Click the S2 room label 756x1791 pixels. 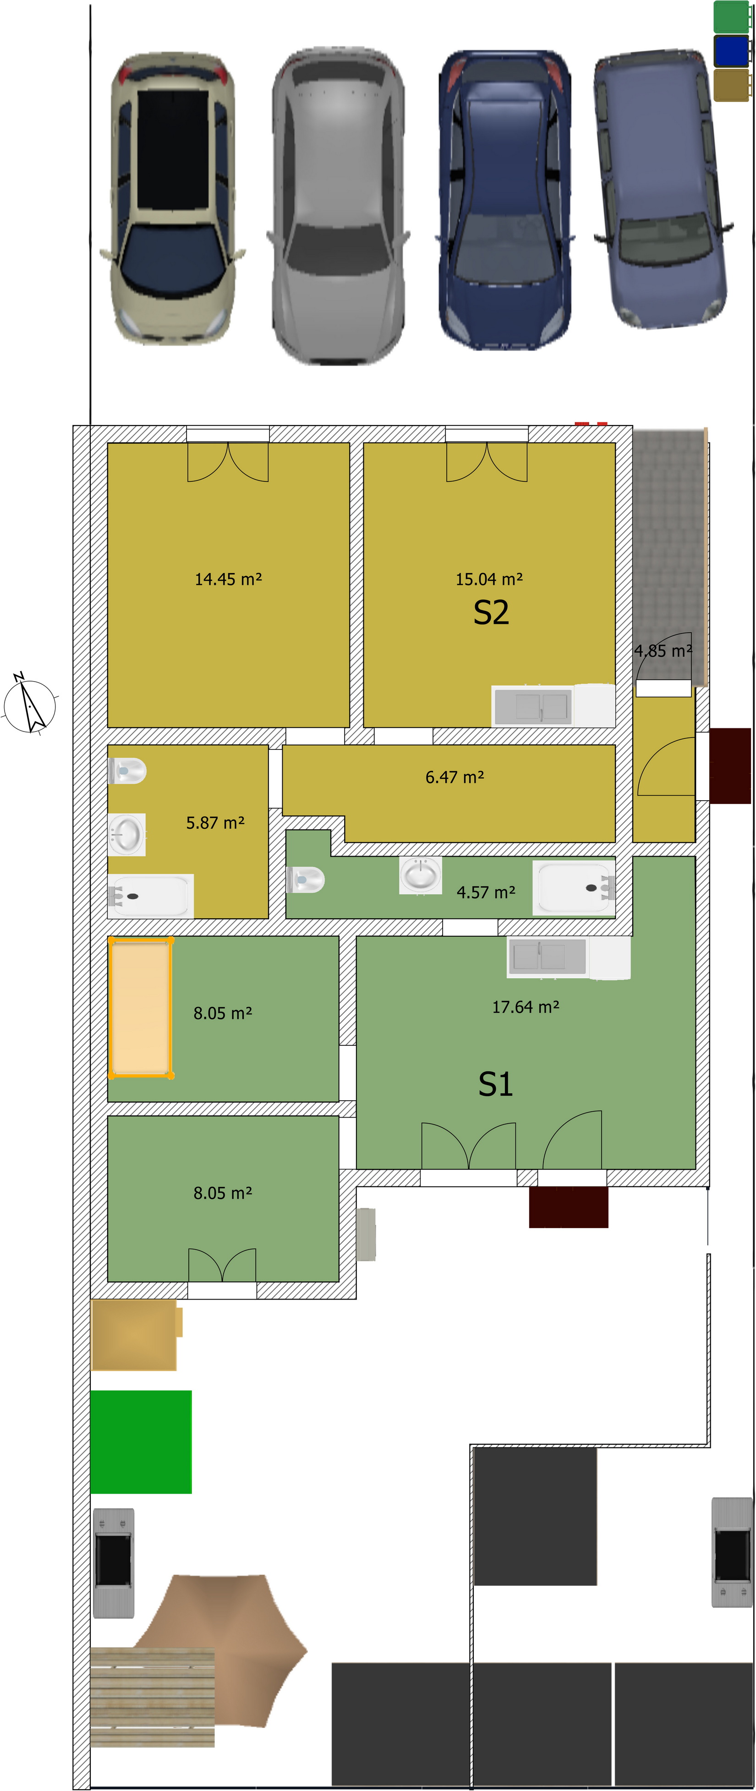coord(491,612)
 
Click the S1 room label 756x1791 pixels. coord(495,1084)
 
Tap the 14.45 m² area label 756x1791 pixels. coord(228,579)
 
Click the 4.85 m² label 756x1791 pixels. coord(663,651)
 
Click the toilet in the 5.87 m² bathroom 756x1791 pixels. coord(126,770)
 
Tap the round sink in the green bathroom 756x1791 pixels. coord(421,875)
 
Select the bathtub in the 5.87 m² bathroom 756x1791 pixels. coord(150,896)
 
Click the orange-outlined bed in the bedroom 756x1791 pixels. coord(141,1007)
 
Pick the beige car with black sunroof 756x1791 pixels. coord(172,198)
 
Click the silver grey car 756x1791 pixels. coord(338,205)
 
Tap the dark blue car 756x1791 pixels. coord(505,200)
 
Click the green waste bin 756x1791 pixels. coord(732,16)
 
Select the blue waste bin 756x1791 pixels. coord(732,51)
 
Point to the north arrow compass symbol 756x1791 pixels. coord(29,704)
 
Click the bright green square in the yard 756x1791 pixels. coord(141,1442)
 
